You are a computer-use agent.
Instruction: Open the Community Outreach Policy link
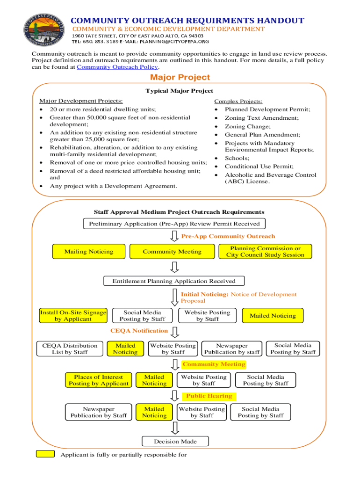click(108, 67)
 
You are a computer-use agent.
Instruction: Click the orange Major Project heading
click(180, 78)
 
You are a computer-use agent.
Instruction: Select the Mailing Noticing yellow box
click(89, 252)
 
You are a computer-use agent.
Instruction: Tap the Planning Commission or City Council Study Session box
click(265, 252)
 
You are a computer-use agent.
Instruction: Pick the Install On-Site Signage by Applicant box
click(73, 316)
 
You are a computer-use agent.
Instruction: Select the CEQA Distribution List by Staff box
click(70, 349)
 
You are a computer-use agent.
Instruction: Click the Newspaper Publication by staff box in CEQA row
click(232, 349)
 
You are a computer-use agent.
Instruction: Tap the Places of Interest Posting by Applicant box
click(99, 380)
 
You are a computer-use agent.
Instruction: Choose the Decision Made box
click(175, 441)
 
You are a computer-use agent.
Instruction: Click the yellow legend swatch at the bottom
click(46, 454)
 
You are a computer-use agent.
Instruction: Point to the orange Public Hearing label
click(209, 396)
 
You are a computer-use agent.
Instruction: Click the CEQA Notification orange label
click(139, 331)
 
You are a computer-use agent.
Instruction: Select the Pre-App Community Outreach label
click(228, 236)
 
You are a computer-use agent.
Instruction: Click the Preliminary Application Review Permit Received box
click(174, 224)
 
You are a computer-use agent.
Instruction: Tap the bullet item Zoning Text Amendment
click(261, 118)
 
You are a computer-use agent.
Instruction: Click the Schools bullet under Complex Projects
click(237, 158)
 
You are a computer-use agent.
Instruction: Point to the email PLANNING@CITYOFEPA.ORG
click(169, 41)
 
